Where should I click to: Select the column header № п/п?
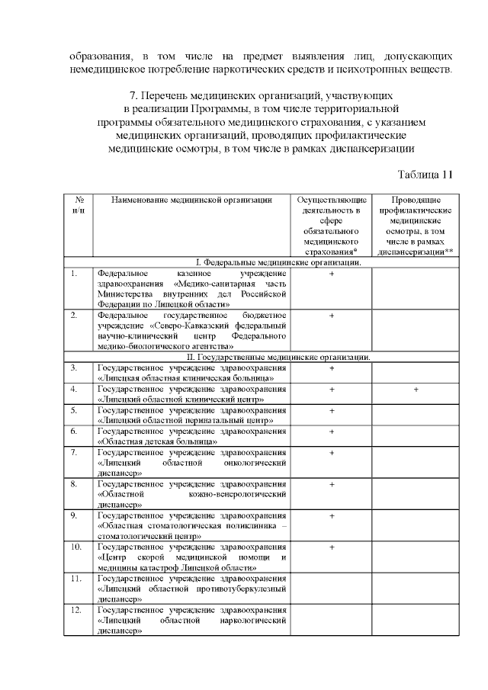pos(76,204)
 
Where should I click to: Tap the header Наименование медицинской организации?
pos(191,200)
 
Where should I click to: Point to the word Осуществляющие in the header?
pos(332,200)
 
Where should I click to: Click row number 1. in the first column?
pos(73,273)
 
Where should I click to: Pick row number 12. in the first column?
pos(75,610)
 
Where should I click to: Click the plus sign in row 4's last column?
pos(416,389)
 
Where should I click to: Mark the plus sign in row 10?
pos(332,547)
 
